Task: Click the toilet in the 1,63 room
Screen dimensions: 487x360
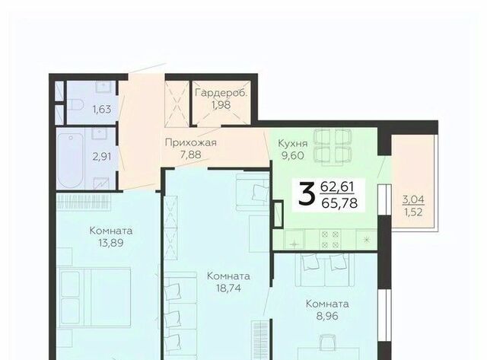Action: pyautogui.click(x=75, y=105)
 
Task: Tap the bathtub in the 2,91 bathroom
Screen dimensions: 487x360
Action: pyautogui.click(x=71, y=161)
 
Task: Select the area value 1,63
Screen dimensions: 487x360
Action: pyautogui.click(x=102, y=110)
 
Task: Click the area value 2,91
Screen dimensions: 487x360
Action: pyautogui.click(x=102, y=156)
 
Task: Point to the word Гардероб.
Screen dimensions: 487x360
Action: pyautogui.click(x=221, y=93)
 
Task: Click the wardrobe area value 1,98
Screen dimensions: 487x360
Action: pyautogui.click(x=221, y=105)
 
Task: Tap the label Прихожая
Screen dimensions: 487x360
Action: pyautogui.click(x=191, y=142)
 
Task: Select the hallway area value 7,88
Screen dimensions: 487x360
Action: pyautogui.click(x=191, y=155)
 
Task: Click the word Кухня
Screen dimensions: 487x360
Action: pyautogui.click(x=292, y=144)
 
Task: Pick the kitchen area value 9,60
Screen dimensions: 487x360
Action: pyautogui.click(x=292, y=155)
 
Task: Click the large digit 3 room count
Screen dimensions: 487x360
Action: pyautogui.click(x=306, y=194)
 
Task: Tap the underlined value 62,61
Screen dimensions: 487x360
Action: pyautogui.click(x=337, y=187)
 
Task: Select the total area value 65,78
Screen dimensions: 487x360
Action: pyautogui.click(x=340, y=203)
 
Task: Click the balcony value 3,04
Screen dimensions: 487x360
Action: pyautogui.click(x=413, y=199)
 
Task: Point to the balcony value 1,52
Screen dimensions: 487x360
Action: pyautogui.click(x=413, y=212)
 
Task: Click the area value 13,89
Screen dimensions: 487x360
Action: pyautogui.click(x=111, y=243)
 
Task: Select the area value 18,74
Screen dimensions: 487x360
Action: pyautogui.click(x=228, y=288)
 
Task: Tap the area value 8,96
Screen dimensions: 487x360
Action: pyautogui.click(x=327, y=316)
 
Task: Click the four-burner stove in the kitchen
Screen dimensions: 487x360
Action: pyautogui.click(x=330, y=239)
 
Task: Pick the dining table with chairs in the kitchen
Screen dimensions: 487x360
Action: pyautogui.click(x=333, y=145)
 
